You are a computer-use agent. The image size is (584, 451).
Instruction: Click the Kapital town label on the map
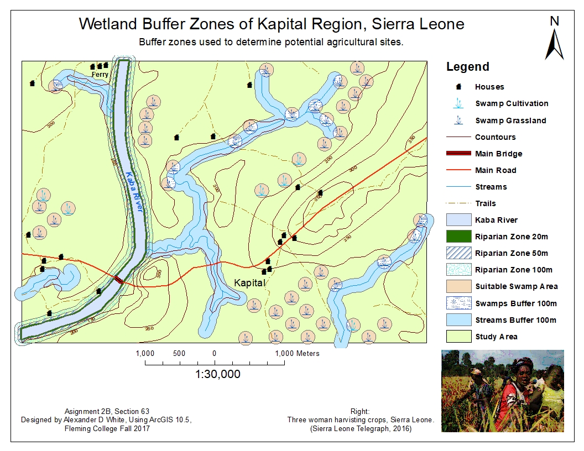pyautogui.click(x=249, y=282)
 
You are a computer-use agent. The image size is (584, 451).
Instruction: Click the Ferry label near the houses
pyautogui.click(x=100, y=74)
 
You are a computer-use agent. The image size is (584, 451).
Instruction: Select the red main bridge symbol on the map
pyautogui.click(x=119, y=280)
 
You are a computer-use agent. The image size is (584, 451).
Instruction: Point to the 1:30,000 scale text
pyautogui.click(x=217, y=374)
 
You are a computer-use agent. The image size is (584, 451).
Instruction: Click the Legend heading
pyautogui.click(x=467, y=67)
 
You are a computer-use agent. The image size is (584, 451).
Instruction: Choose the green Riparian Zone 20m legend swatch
pyautogui.click(x=458, y=237)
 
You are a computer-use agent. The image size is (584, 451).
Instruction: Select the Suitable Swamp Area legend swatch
pyautogui.click(x=458, y=286)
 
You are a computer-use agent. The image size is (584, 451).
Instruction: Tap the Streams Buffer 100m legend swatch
pyautogui.click(x=458, y=319)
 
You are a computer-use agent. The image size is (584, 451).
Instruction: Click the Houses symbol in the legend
pyautogui.click(x=458, y=87)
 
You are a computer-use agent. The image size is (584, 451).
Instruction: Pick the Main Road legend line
pyautogui.click(x=458, y=170)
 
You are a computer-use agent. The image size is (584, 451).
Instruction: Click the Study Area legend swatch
pyautogui.click(x=458, y=336)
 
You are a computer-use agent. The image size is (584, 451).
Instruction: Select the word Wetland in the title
pyautogui.click(x=106, y=24)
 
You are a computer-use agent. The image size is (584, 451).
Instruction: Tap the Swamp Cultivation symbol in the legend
pyautogui.click(x=458, y=103)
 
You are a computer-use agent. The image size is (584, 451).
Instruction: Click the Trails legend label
pyautogui.click(x=485, y=203)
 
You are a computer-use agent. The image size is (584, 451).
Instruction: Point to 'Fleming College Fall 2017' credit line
pyautogui.click(x=107, y=428)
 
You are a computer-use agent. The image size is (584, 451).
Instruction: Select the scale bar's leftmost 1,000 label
pyautogui.click(x=144, y=353)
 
